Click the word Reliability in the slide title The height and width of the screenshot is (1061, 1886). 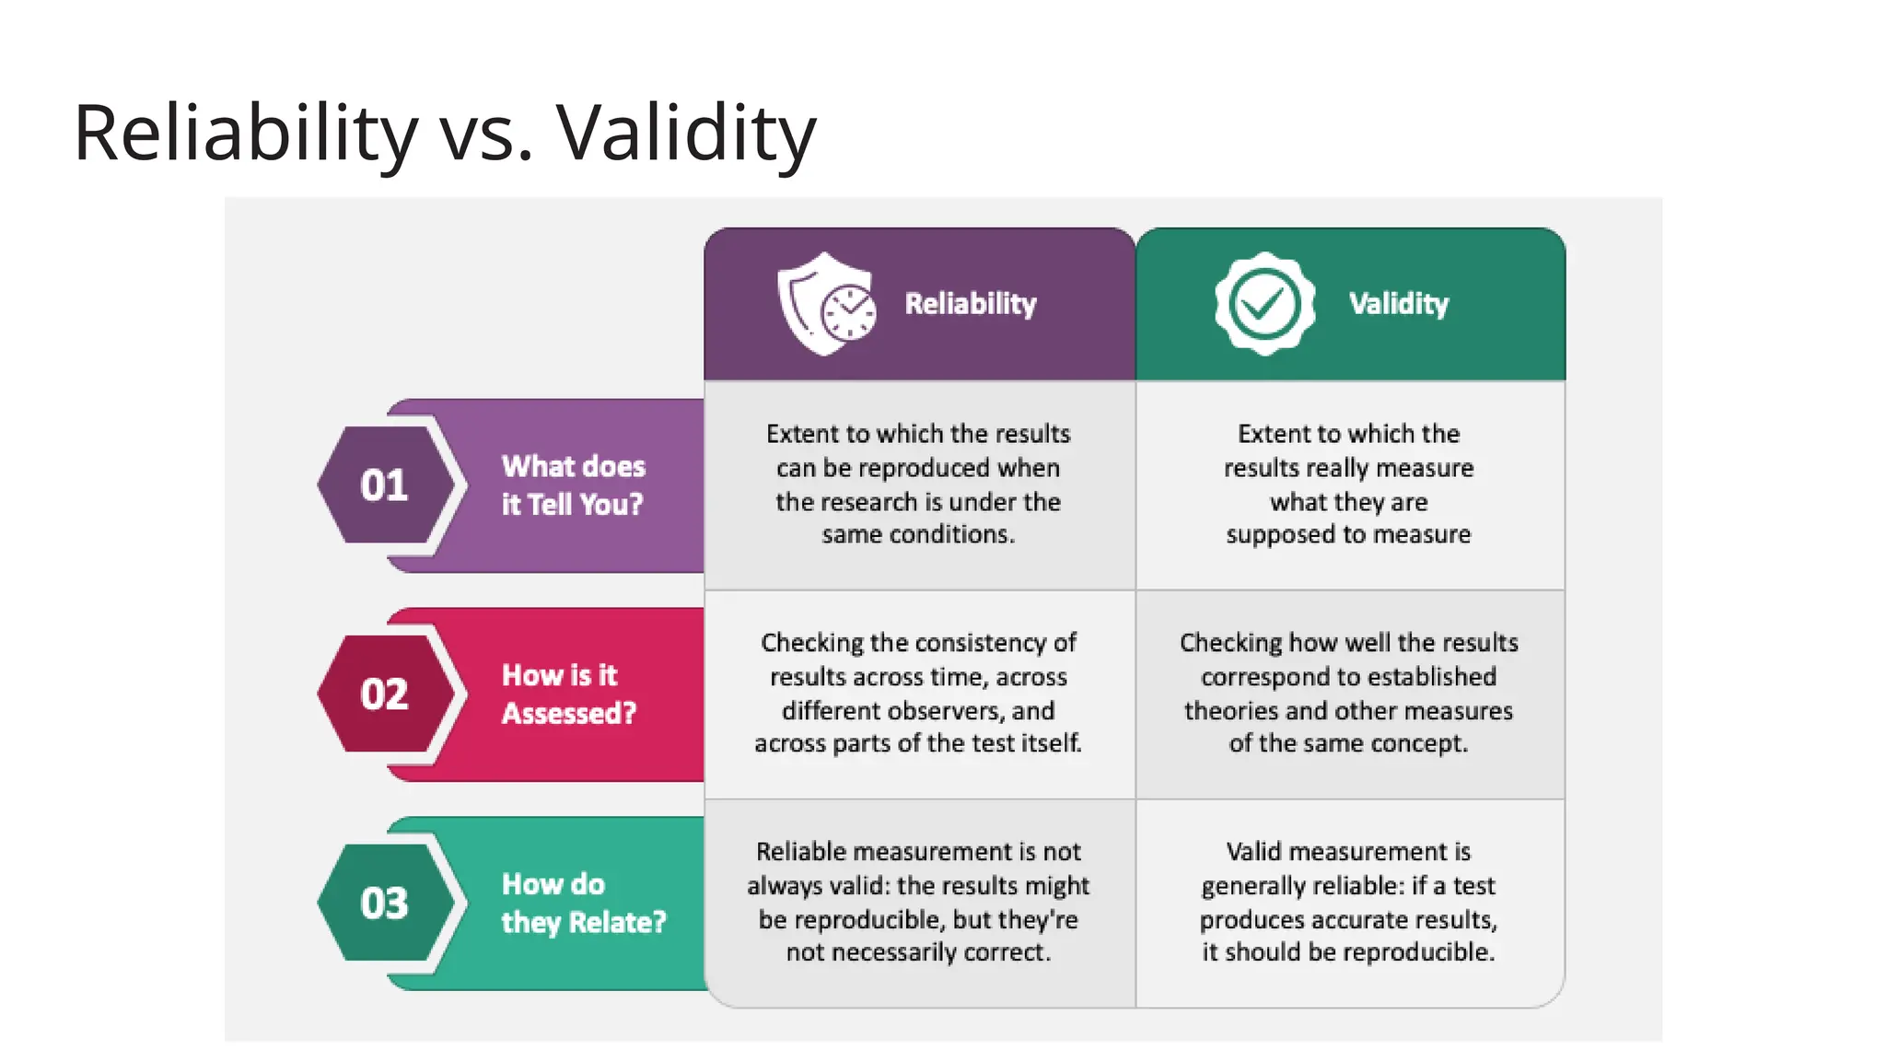click(x=245, y=133)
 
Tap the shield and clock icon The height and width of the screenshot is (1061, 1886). click(x=826, y=304)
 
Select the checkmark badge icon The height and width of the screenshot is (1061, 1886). click(x=1264, y=304)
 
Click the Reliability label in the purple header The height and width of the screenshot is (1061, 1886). click(x=970, y=304)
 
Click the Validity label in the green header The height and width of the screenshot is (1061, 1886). click(x=1398, y=304)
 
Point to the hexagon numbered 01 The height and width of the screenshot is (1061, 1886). click(x=385, y=485)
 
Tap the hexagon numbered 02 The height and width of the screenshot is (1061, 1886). click(x=385, y=694)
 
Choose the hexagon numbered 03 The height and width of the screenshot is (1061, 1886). click(x=385, y=904)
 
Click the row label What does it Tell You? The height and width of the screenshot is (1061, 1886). click(x=573, y=485)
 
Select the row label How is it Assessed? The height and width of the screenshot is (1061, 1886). click(x=568, y=694)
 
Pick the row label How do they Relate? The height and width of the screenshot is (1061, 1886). click(x=582, y=904)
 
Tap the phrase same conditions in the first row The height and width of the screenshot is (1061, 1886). click(x=917, y=534)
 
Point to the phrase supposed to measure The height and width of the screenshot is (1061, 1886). click(x=1348, y=534)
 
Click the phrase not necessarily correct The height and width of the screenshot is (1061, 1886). click(x=917, y=952)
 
